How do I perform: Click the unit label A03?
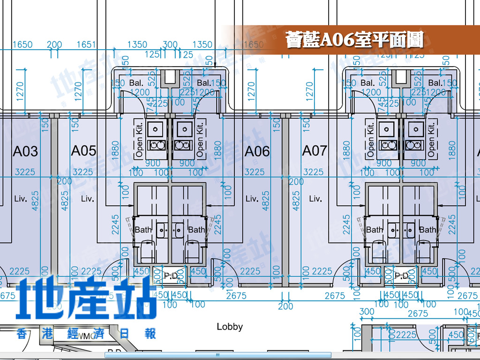25,151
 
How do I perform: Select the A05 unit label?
83,150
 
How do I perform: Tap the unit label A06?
257,151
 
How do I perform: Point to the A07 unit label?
314,150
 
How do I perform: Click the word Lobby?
230,326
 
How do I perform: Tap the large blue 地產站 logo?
87,298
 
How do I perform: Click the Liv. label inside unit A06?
252,199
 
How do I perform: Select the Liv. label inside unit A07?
315,199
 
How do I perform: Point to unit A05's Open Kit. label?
139,140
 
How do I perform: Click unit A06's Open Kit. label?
200,140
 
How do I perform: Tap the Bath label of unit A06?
196,230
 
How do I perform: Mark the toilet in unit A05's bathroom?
148,251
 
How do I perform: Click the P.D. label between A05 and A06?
171,276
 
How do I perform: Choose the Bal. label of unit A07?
367,83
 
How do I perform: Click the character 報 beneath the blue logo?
150,334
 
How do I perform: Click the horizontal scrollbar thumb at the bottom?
217,355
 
